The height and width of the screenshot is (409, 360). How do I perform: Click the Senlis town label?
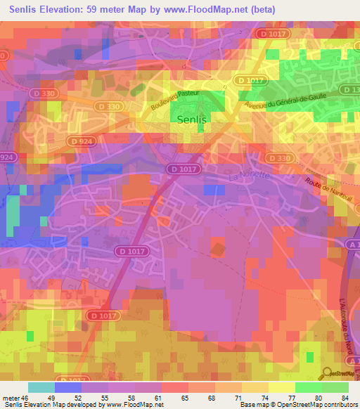pyautogui.click(x=191, y=119)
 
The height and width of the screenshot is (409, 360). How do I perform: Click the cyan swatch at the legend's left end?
pyautogui.click(x=41, y=387)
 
